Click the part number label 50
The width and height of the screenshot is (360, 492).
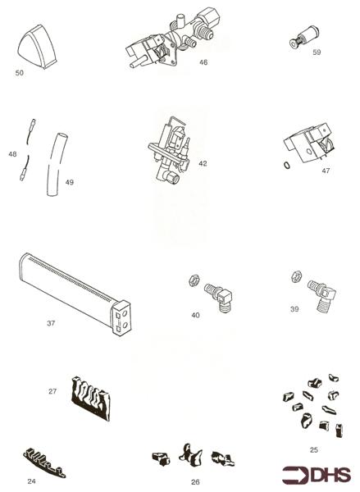pos(19,73)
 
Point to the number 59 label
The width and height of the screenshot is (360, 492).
pos(316,52)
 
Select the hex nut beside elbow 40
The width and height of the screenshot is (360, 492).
pos(194,280)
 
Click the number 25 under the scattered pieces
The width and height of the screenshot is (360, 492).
pos(313,449)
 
